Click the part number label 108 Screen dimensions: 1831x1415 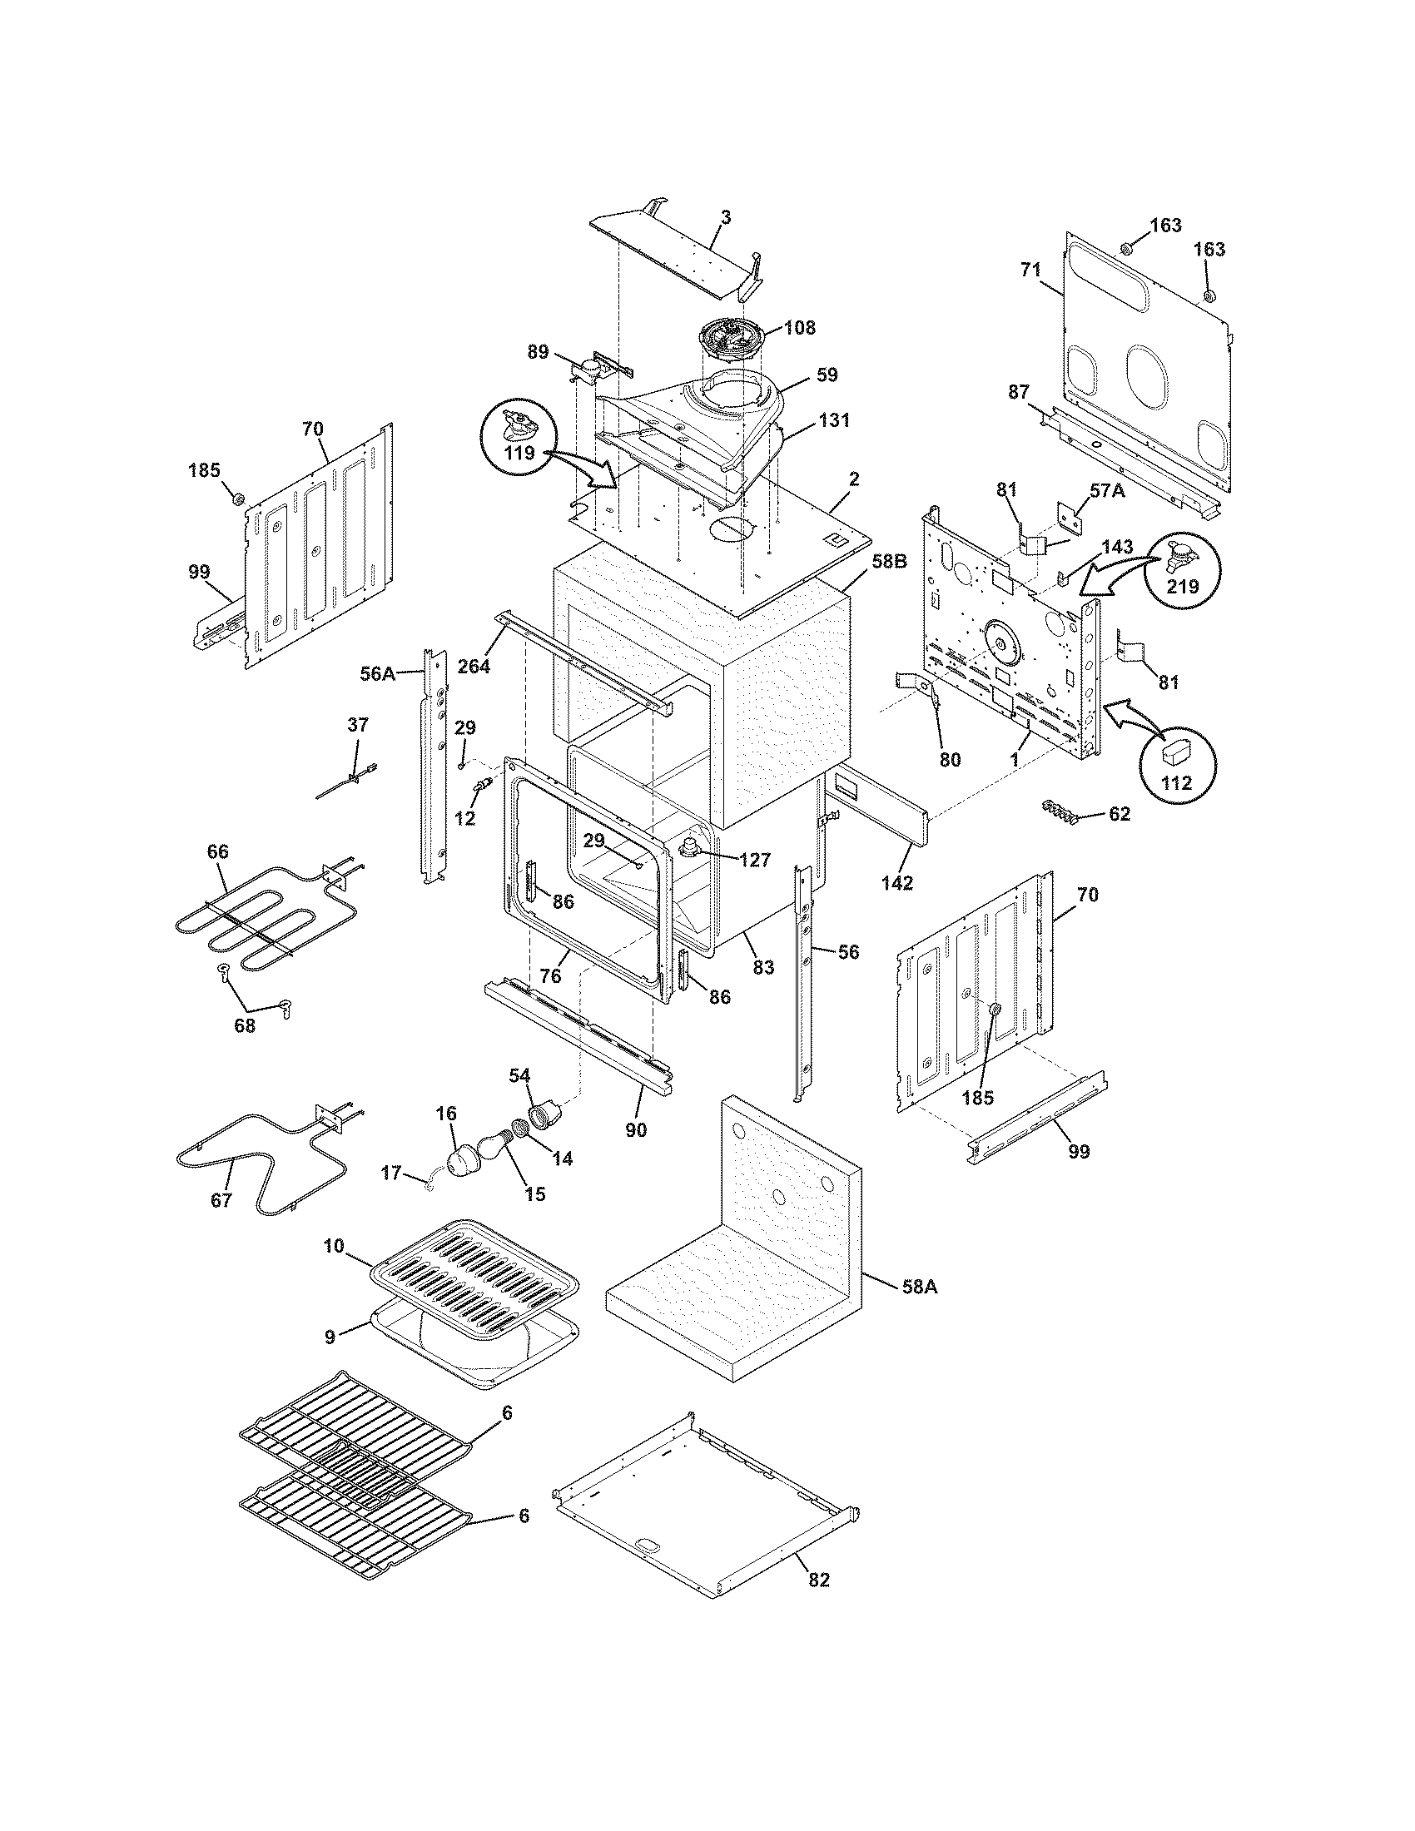coord(799,328)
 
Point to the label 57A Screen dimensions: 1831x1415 coord(1107,492)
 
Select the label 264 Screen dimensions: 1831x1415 coord(474,667)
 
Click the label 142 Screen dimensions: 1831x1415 coord(897,883)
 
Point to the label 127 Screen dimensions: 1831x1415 coord(754,860)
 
